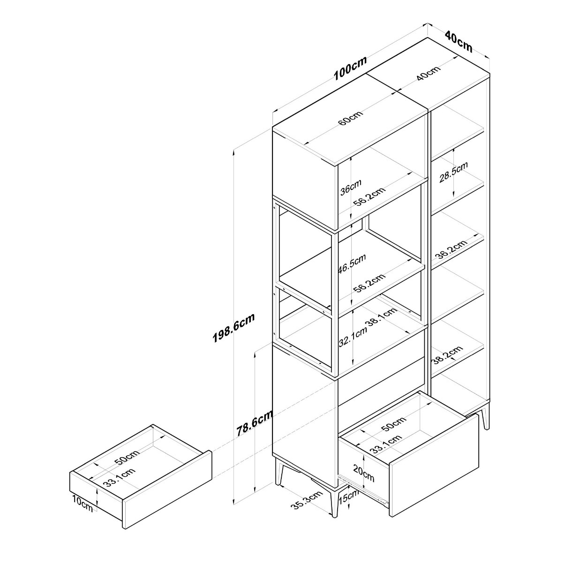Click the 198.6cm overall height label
tap(233, 328)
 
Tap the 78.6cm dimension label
tap(255, 423)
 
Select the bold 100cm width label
tap(350, 68)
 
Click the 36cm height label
tap(351, 187)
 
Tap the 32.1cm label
tap(353, 338)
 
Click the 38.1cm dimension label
tap(382, 317)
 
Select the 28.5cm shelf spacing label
tap(453, 172)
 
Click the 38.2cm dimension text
tap(447, 355)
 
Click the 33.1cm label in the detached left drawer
tap(120, 477)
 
